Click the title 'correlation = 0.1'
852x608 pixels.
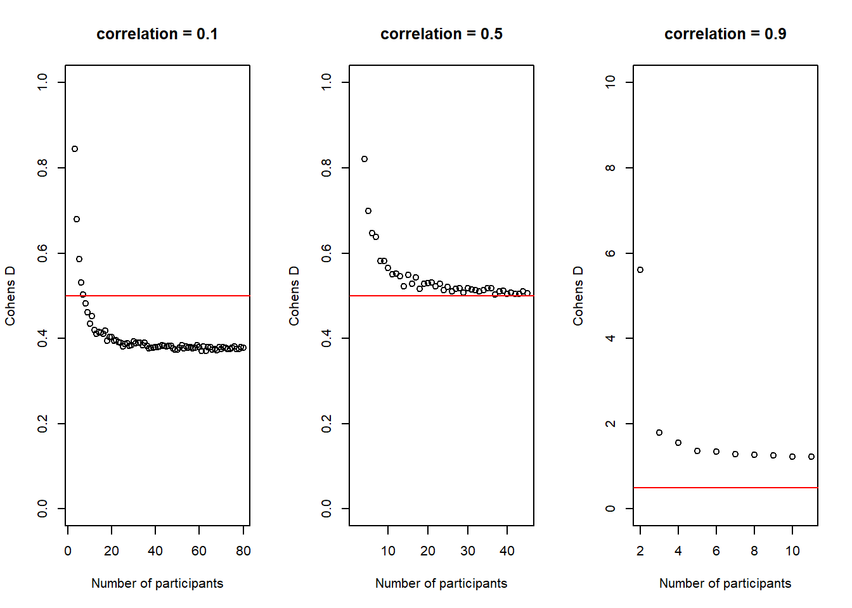tap(157, 34)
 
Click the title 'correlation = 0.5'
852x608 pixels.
tap(441, 34)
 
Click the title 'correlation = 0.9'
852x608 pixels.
tap(725, 34)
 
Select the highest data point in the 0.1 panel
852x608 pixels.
tap(75, 149)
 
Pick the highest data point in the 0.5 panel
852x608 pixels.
tap(365, 159)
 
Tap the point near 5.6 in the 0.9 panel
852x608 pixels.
tap(640, 270)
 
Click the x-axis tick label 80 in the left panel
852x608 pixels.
tap(243, 551)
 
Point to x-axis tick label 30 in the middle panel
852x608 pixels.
tap(468, 551)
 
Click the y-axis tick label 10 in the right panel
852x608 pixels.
tap(610, 82)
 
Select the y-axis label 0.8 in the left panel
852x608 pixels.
tap(42, 168)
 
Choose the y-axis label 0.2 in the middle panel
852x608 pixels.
tap(326, 424)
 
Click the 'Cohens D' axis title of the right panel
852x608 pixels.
tap(578, 296)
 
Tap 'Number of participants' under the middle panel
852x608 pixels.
tap(441, 583)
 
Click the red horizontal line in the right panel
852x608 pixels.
tap(725, 488)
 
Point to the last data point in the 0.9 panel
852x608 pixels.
tap(811, 457)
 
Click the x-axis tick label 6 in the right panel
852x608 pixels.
tap(716, 551)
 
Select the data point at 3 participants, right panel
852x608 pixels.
tap(659, 433)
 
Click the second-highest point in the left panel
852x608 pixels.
tap(77, 219)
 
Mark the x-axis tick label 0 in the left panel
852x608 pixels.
tap(68, 551)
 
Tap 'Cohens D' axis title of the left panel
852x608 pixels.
tap(10, 296)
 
